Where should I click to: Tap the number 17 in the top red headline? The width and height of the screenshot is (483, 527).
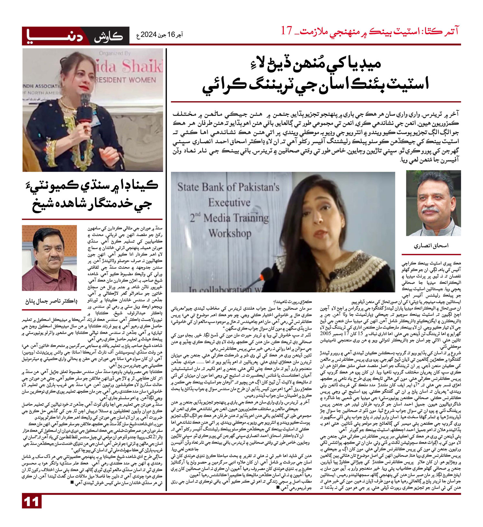pos(287,31)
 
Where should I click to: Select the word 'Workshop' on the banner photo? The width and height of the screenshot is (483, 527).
pos(230,234)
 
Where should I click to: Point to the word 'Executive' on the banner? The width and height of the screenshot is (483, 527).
pos(229,203)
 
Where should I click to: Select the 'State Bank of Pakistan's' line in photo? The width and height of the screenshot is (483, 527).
pos(228,187)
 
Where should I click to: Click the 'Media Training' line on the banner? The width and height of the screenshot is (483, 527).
pos(229,218)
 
